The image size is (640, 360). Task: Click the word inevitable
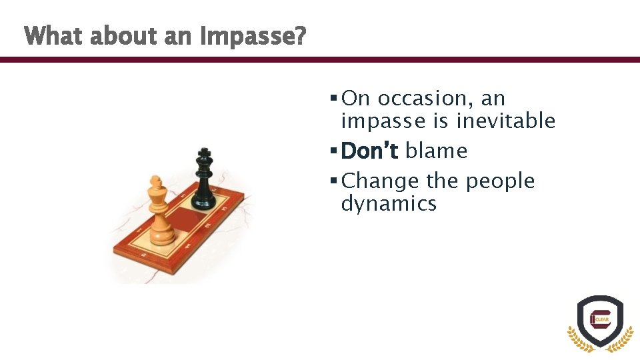tap(506, 121)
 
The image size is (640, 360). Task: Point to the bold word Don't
tap(369, 151)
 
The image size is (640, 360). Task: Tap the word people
tap(500, 181)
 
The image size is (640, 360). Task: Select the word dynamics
tap(389, 203)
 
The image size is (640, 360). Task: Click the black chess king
tap(204, 181)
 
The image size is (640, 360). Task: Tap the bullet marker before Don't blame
tap(333, 151)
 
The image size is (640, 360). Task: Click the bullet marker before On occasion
tap(333, 99)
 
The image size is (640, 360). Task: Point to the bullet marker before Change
tap(333, 181)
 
